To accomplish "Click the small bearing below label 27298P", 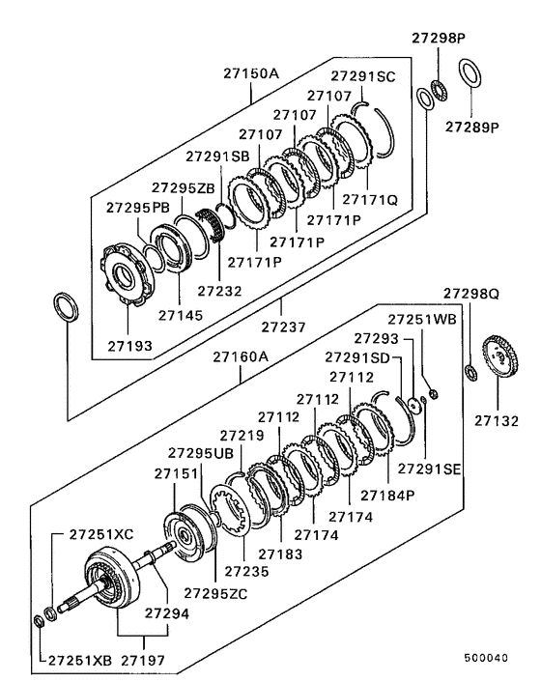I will [437, 89].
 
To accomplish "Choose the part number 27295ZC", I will [215, 592].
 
